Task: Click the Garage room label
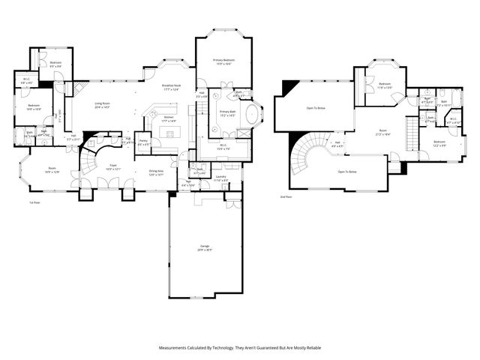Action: click(x=205, y=247)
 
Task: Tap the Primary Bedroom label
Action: click(x=223, y=61)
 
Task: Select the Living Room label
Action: click(x=101, y=104)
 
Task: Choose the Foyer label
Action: click(x=113, y=166)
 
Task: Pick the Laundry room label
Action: click(x=220, y=177)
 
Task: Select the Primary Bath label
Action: click(x=227, y=112)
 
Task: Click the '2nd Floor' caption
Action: click(x=285, y=196)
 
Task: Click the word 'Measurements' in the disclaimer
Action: click(x=177, y=347)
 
